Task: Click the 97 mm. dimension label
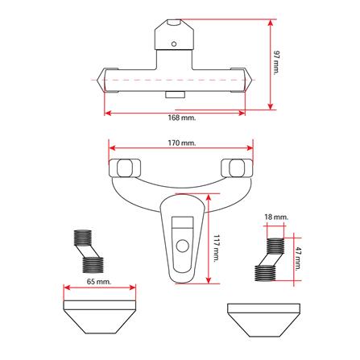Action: coord(276,62)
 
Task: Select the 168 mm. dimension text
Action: coord(182,118)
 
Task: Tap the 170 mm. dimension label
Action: coord(182,143)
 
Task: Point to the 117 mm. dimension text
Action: coord(217,249)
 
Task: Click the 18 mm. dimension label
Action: coord(276,217)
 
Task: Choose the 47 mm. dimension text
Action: coord(299,259)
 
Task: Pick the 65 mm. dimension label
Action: coord(99,282)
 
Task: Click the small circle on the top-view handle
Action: coord(174,43)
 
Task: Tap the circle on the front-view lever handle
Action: coord(183,246)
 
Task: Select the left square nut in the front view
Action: coord(125,168)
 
